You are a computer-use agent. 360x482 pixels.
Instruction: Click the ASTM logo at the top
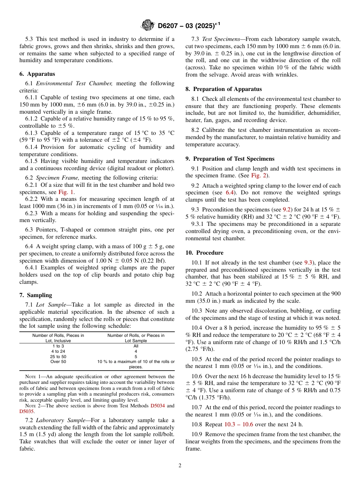[147, 25]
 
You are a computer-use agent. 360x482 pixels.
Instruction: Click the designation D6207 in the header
[169, 26]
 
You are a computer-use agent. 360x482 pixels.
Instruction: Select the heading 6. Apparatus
[37, 74]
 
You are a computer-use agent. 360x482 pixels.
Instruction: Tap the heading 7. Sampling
[36, 295]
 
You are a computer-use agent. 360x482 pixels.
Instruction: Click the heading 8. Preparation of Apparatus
[224, 89]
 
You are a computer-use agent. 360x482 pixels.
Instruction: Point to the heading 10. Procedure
[204, 253]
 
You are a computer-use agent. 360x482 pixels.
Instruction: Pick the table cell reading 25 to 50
[58, 357]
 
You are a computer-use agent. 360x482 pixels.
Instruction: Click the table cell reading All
[136, 346]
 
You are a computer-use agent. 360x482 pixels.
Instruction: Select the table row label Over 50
[58, 361]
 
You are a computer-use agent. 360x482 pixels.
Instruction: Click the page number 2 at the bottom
[180, 466]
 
